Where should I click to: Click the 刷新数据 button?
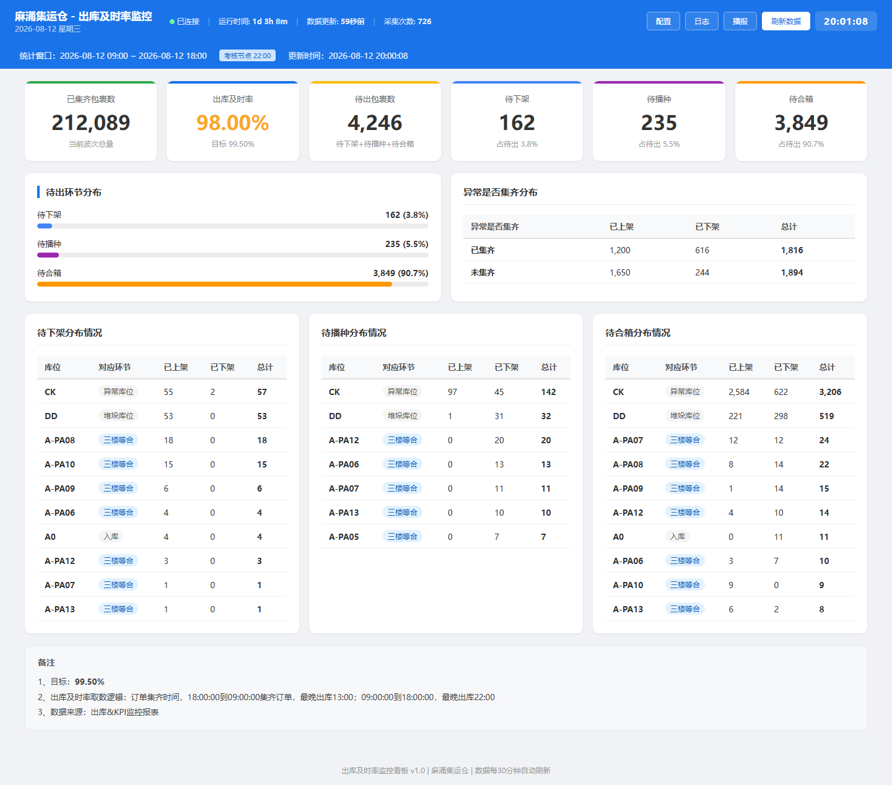point(786,21)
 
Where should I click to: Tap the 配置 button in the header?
point(663,21)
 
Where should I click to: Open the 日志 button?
point(702,21)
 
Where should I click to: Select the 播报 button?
point(740,21)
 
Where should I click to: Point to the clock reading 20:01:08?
point(846,21)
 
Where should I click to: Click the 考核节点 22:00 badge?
point(247,56)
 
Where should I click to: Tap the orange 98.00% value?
point(232,123)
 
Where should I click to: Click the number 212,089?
point(90,123)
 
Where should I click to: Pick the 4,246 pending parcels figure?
point(375,123)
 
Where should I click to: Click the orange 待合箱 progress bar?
point(214,284)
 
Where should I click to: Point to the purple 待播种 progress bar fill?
point(48,255)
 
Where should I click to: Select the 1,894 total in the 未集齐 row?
point(792,272)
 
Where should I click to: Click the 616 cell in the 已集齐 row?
point(702,250)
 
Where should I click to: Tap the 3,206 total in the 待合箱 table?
point(830,392)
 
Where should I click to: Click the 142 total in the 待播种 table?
point(548,392)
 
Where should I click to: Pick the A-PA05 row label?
point(343,536)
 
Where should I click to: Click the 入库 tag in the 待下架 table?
point(111,536)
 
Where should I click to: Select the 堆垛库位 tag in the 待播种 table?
point(403,416)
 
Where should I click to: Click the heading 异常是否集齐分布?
point(500,193)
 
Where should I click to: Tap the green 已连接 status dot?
point(172,22)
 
